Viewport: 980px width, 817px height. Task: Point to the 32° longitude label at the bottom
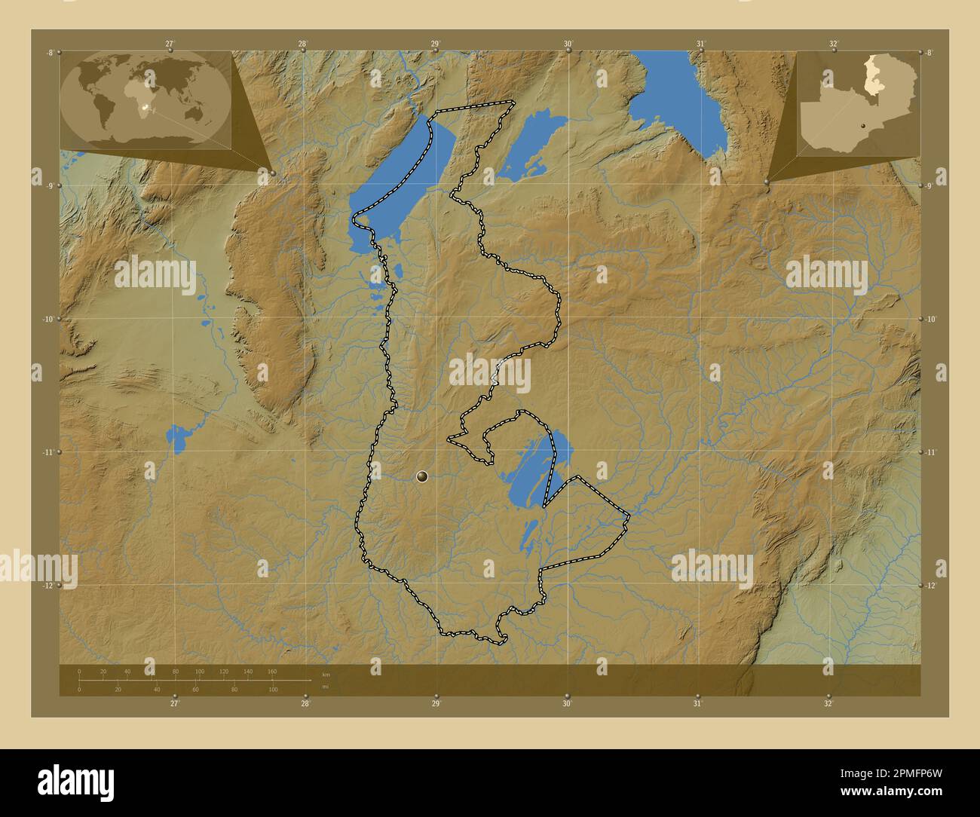pos(828,703)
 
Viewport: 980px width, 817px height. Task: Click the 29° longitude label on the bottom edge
pos(436,703)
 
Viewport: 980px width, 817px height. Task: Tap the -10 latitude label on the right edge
pos(931,320)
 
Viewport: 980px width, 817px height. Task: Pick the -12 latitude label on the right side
pos(932,586)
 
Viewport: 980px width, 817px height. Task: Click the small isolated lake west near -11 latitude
pos(178,439)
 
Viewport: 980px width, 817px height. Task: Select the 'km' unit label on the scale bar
pos(326,675)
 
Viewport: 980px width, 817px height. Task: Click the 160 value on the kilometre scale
pos(271,671)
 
